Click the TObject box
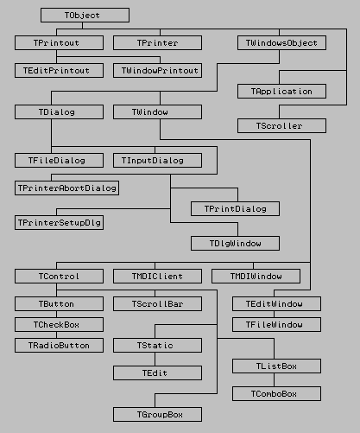[x=85, y=15]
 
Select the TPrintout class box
[x=59, y=42]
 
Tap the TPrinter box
[x=157, y=42]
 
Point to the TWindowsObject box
[x=281, y=42]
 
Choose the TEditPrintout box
[x=59, y=71]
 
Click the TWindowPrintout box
[x=157, y=71]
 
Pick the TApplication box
[x=281, y=91]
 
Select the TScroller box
[x=281, y=125]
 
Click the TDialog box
[x=59, y=111]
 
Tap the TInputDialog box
[x=157, y=160]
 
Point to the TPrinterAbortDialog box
[x=66, y=188]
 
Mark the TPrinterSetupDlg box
[x=59, y=222]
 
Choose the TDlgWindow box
[x=235, y=243]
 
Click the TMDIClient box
[x=157, y=276]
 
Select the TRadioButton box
[x=59, y=345]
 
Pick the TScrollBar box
[x=157, y=303]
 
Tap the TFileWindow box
[x=276, y=324]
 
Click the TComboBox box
[x=276, y=393]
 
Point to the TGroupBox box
[x=157, y=414]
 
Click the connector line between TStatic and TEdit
[x=155, y=359]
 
